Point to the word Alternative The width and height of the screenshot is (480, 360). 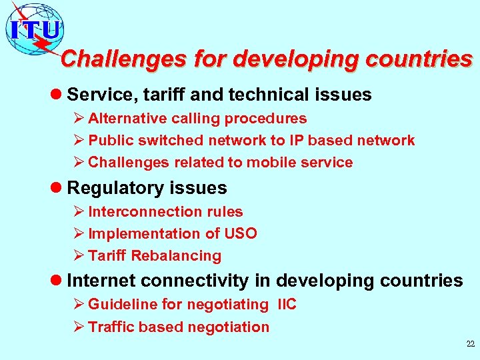pos(127,119)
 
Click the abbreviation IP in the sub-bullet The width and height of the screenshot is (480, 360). pos(297,141)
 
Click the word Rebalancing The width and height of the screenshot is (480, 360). pos(176,256)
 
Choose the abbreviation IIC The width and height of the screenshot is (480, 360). pos(287,305)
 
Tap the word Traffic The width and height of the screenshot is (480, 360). pos(112,327)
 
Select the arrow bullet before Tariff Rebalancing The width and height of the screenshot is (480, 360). pos(79,256)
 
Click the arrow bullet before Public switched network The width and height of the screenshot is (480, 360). pos(79,141)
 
